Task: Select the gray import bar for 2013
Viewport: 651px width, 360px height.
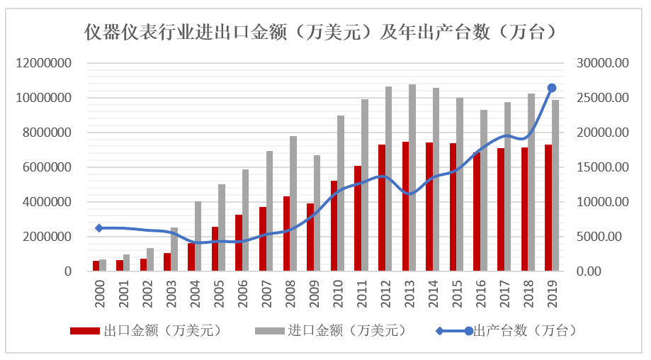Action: tap(412, 178)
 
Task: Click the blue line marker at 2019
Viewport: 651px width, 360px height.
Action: tap(552, 88)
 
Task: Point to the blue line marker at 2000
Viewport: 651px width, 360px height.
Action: tap(99, 228)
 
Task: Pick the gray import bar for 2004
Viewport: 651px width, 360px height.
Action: tap(198, 236)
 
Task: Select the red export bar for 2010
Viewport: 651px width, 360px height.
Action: tap(334, 226)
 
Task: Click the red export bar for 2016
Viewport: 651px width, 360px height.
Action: tap(477, 212)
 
